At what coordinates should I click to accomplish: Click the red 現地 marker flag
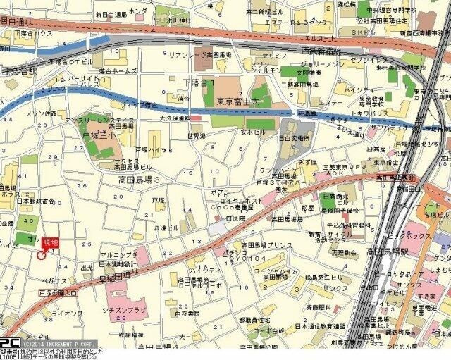[x=50, y=242]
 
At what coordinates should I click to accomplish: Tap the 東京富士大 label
[x=234, y=101]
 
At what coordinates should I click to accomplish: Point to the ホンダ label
[x=138, y=12]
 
